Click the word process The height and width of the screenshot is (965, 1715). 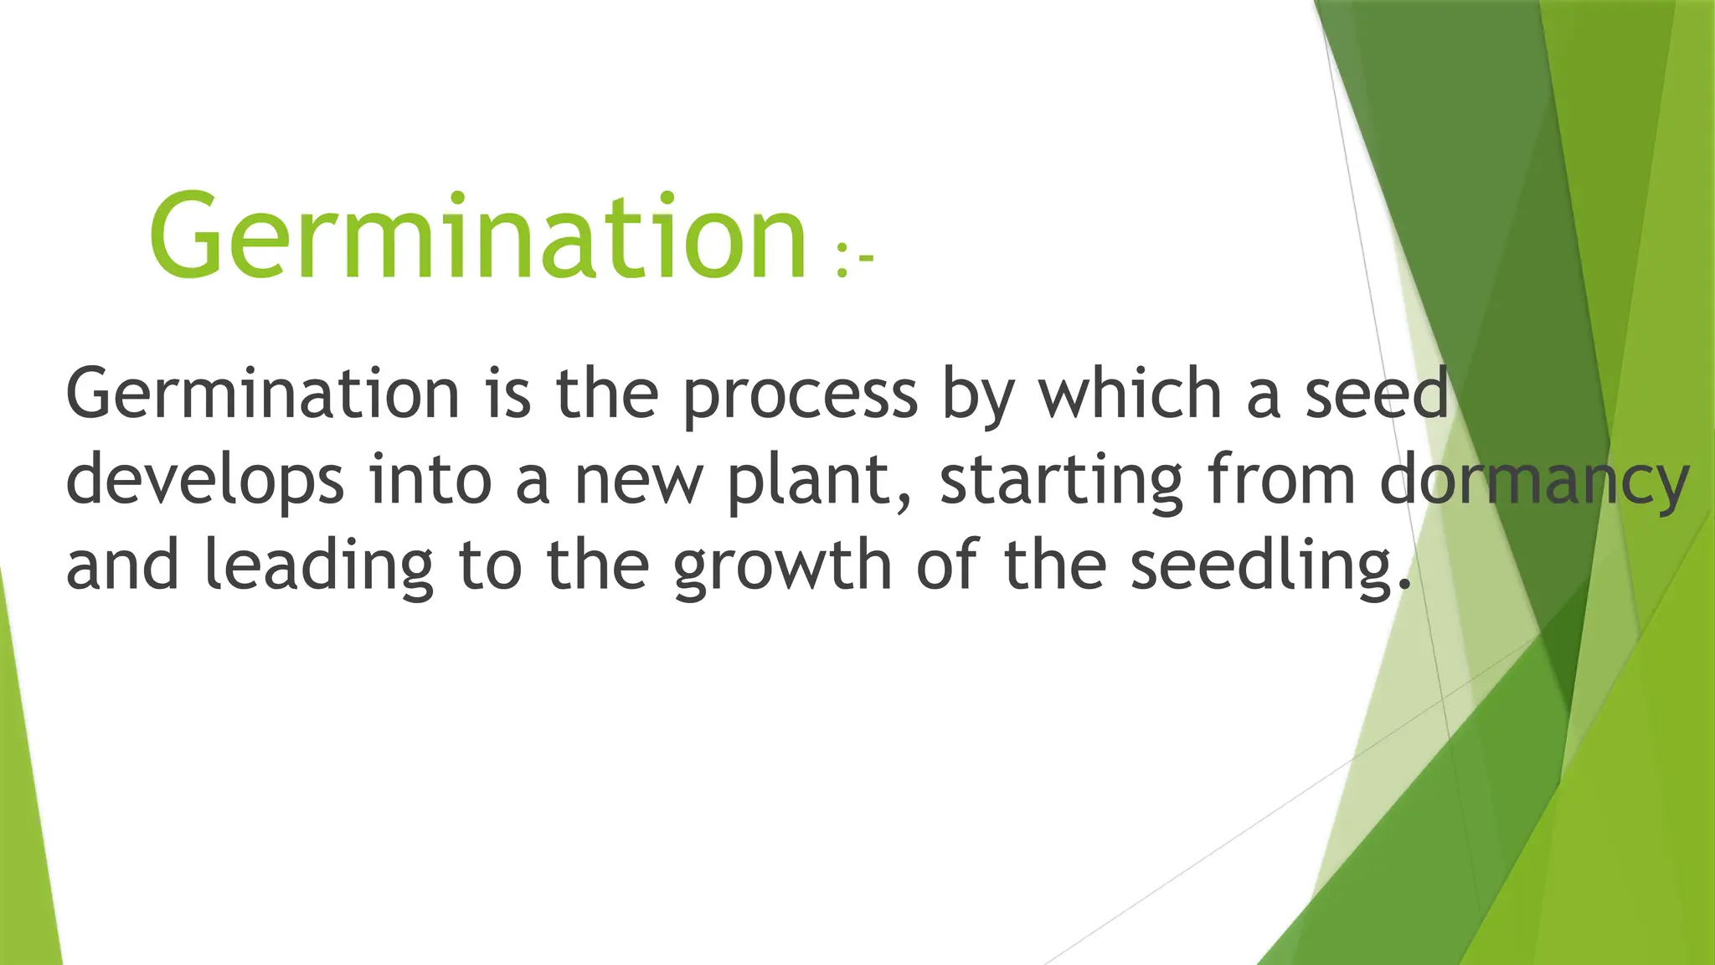click(x=800, y=395)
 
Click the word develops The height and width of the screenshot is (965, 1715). click(x=205, y=481)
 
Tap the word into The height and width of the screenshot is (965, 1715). click(x=430, y=479)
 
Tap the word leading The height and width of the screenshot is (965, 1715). click(x=319, y=566)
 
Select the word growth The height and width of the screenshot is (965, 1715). click(x=783, y=566)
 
